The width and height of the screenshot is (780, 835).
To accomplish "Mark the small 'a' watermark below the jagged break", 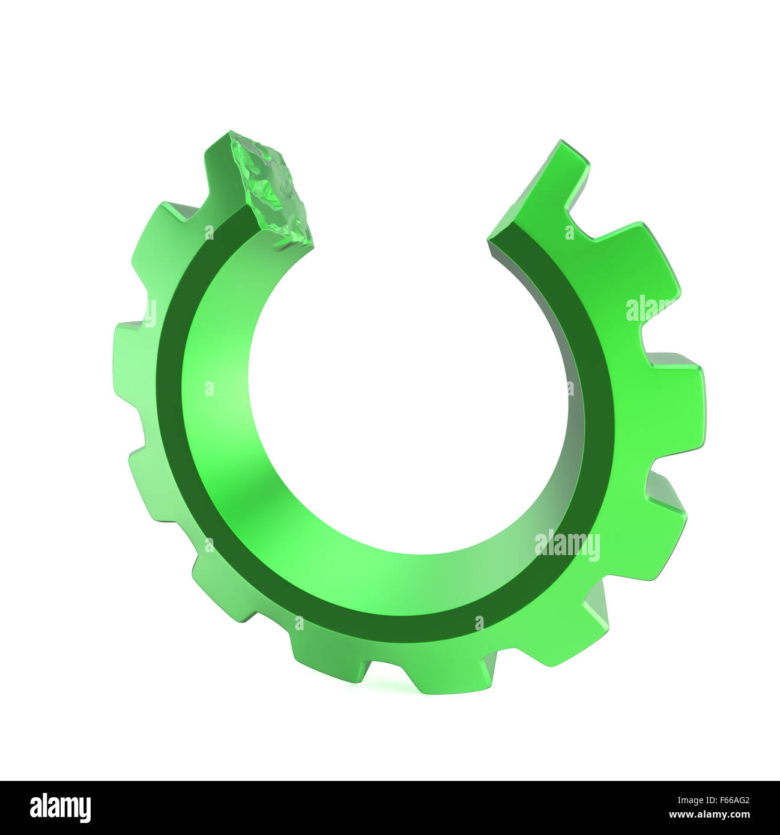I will click(x=209, y=232).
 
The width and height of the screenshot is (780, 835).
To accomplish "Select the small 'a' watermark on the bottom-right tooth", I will click(x=479, y=624).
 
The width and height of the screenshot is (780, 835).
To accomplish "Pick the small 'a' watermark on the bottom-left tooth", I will click(x=299, y=624).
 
